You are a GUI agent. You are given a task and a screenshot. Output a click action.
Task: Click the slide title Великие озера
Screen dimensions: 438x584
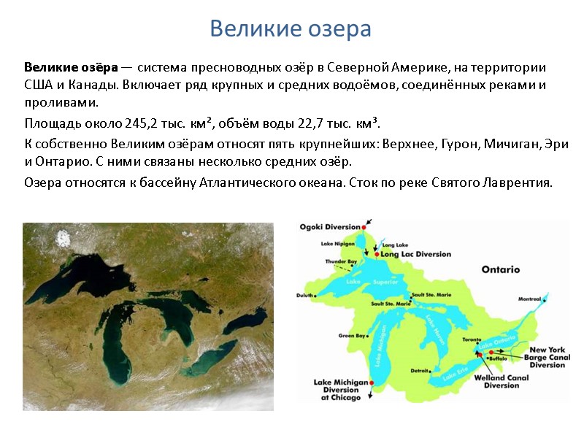(x=291, y=29)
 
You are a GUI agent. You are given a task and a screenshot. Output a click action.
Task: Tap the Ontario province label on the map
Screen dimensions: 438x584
(x=500, y=269)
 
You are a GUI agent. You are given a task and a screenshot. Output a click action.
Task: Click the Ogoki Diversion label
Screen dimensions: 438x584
(x=331, y=226)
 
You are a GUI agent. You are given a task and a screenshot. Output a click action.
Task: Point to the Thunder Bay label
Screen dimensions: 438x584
(x=341, y=261)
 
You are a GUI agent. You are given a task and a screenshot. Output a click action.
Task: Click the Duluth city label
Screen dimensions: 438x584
(x=305, y=295)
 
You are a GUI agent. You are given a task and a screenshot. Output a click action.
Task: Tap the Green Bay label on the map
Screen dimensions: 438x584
(x=352, y=336)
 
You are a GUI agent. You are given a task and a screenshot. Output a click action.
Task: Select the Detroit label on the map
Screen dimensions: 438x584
(x=419, y=371)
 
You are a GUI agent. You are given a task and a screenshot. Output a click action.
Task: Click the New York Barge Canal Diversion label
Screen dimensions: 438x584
(x=547, y=357)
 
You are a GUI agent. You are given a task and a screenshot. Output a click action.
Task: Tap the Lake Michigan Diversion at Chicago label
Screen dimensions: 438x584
(x=337, y=390)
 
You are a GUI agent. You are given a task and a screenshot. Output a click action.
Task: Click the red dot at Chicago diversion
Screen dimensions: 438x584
(x=372, y=383)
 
